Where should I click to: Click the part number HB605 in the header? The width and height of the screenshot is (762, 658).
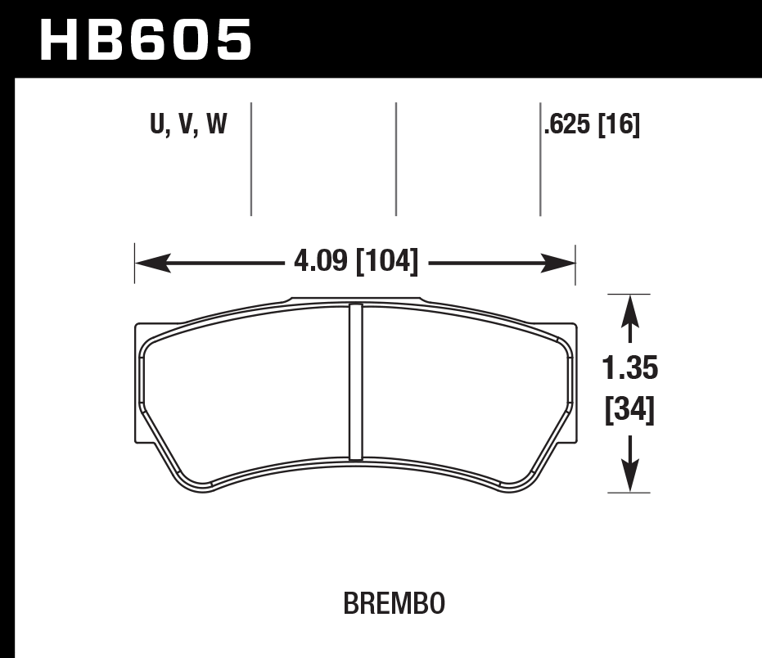pos(146,40)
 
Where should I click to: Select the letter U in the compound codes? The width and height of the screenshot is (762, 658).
pos(157,125)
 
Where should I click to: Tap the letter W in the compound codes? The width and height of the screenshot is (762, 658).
pos(215,125)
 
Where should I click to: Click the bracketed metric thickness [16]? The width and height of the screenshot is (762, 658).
pos(618,125)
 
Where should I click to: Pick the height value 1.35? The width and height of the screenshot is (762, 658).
pos(629,369)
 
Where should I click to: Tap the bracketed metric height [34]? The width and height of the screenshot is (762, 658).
pos(629,408)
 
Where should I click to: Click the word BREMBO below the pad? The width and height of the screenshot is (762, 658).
pos(394,604)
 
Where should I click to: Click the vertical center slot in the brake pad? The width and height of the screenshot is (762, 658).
pos(355,381)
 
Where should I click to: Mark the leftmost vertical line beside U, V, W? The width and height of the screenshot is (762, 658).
pos(251,159)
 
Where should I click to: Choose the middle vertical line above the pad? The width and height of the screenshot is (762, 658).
pos(396,159)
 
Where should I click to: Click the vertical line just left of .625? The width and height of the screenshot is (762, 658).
pos(540,159)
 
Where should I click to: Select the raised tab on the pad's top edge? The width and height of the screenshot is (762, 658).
pos(355,300)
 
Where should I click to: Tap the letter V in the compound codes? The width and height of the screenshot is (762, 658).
pos(184,125)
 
